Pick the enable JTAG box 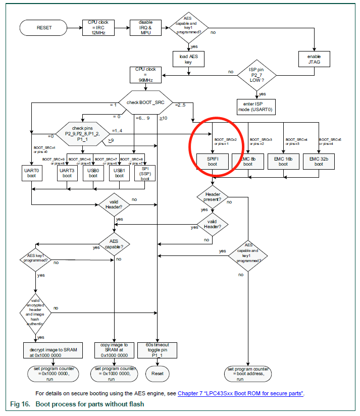coord(315,59)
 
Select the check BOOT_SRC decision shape coord(145,103)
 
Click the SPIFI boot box coord(212,161)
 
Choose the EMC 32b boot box coord(319,161)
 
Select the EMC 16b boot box coord(283,161)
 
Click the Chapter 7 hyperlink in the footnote coord(240,394)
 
